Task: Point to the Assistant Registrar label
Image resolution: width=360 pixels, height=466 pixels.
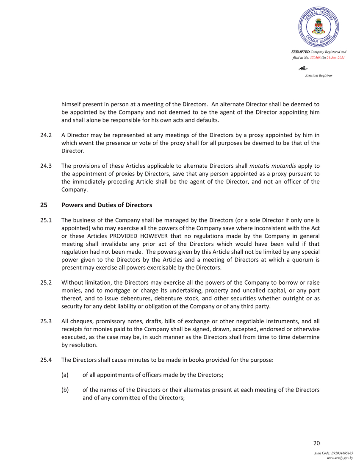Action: [318, 75]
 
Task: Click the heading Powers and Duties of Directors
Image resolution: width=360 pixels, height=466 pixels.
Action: [106, 205]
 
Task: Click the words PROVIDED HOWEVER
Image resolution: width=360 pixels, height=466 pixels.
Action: [169, 236]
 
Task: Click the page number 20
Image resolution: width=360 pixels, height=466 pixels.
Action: [316, 444]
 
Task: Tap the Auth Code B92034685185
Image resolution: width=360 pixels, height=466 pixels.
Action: [334, 453]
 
